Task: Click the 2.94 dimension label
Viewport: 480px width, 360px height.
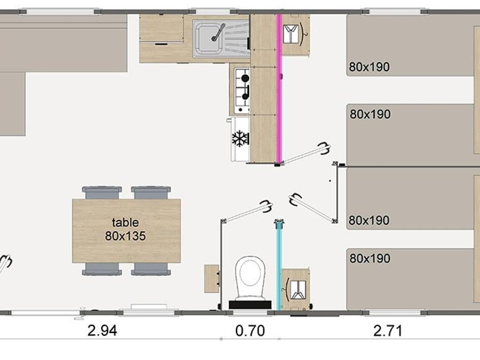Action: coord(102,331)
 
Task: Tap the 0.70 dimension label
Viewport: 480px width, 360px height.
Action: coord(250,331)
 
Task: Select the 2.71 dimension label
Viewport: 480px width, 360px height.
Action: coord(388,331)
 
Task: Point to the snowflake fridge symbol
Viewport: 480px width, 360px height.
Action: coord(241,138)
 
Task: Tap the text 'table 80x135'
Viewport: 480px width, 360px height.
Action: coord(125,229)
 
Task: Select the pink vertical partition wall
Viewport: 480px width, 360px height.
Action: coord(279,89)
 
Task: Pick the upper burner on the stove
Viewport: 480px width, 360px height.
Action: coord(245,78)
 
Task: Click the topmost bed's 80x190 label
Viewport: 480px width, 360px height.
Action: coord(370,67)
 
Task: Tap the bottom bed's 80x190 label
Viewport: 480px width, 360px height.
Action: coord(370,258)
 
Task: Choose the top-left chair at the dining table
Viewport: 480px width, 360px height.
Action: coord(102,193)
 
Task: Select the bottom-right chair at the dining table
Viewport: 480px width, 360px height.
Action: coord(151,269)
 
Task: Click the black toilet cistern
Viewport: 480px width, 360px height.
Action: coord(250,305)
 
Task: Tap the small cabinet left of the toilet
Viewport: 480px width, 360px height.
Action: coord(212,278)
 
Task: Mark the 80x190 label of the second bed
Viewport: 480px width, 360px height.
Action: coord(371,114)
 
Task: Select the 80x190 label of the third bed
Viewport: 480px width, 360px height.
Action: coord(369,220)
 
